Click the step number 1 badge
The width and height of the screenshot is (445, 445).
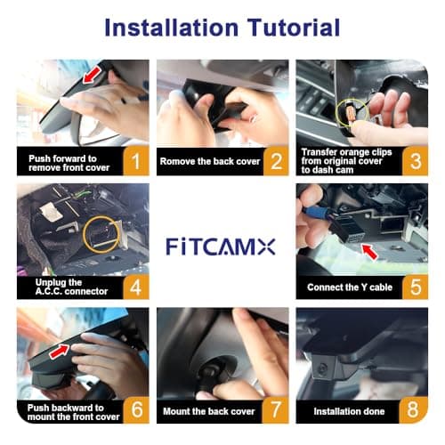coord(135,161)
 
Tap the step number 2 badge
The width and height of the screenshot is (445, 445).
coord(276,161)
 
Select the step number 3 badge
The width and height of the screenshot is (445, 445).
coord(416,161)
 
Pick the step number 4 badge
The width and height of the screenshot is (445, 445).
coord(135,286)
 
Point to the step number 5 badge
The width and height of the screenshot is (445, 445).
coord(416,286)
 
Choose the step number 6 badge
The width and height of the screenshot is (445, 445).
coord(135,410)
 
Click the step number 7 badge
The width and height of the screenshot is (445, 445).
coord(276,410)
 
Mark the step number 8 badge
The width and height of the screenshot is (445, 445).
coord(416,410)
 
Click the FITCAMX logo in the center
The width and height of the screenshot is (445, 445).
coord(222,246)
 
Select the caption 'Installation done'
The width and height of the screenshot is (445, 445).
coord(348,411)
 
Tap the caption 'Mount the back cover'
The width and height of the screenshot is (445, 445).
coord(207,411)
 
